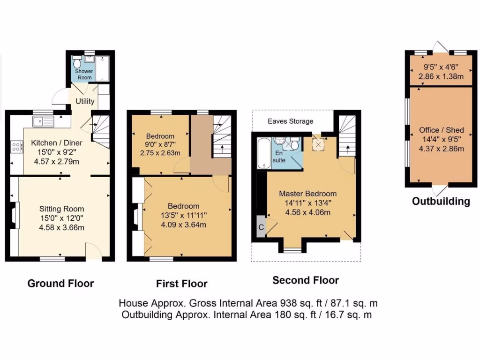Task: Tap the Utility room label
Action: [85, 101]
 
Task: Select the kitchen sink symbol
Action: [43, 122]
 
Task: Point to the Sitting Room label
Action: [61, 209]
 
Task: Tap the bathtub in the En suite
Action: [263, 152]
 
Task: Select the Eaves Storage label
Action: [290, 121]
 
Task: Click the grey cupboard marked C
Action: [261, 227]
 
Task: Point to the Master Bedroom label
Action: [307, 193]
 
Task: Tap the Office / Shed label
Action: [442, 130]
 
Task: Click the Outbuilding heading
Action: [441, 202]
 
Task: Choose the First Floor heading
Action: [181, 284]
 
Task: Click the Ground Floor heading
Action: [60, 283]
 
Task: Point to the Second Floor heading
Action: [306, 280]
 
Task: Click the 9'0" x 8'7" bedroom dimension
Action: [160, 145]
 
